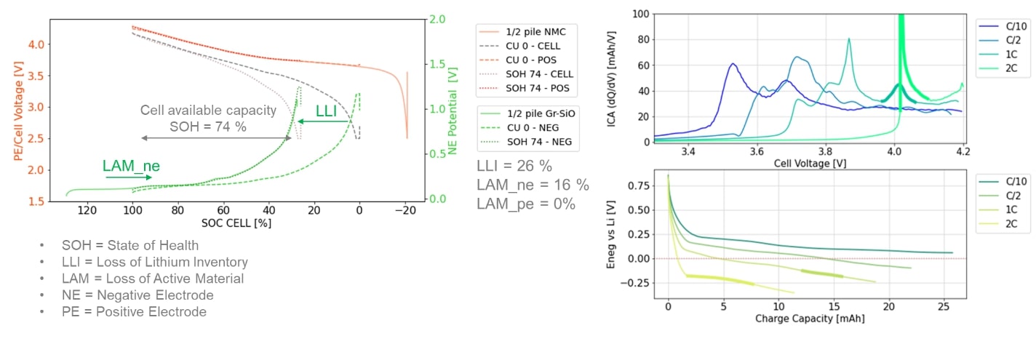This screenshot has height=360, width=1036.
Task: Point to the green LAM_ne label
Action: click(130, 166)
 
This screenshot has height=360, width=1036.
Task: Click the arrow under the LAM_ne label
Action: click(121, 177)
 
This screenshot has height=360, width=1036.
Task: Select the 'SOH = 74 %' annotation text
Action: click(208, 126)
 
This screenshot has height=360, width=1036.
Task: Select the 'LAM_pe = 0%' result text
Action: click(525, 204)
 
